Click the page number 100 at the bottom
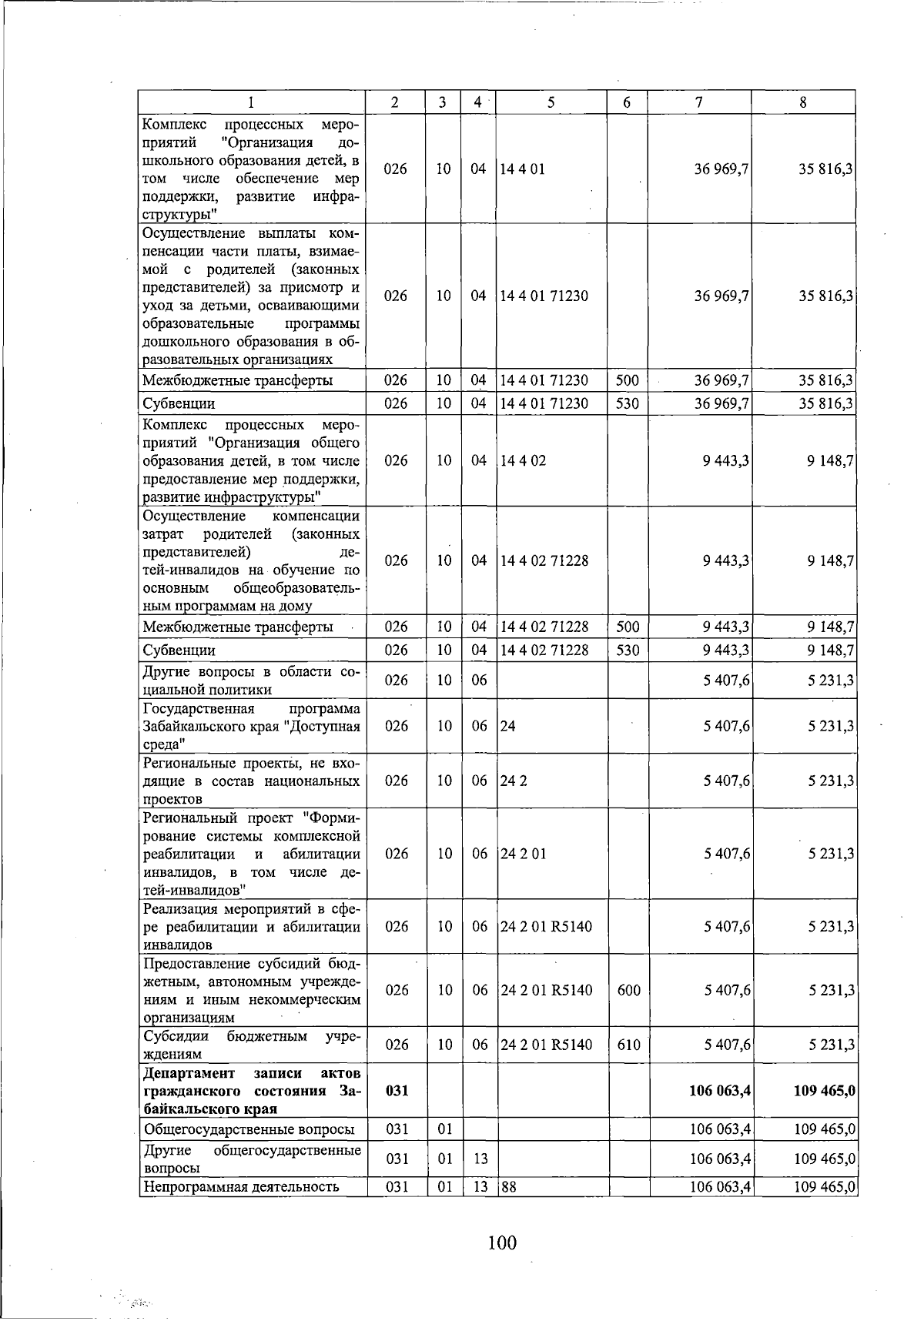pos(501,1242)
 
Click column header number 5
pos(551,102)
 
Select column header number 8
pos(803,102)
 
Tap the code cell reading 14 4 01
pos(523,169)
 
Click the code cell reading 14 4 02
pos(523,460)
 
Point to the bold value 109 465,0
pos(824,1091)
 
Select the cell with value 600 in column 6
pos(628,990)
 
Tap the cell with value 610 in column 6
pos(628,1045)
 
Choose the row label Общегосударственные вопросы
pos(249,1129)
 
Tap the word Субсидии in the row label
pos(176,1036)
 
